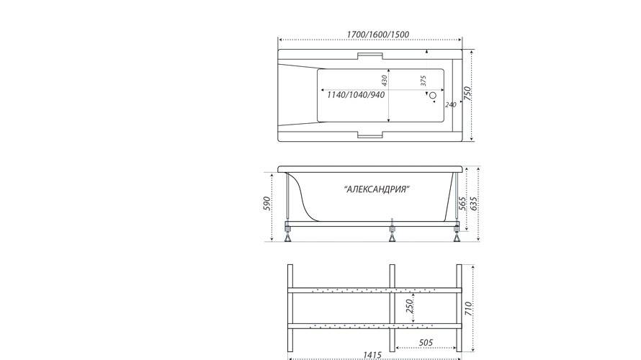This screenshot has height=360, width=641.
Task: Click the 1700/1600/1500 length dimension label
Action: pyautogui.click(x=377, y=35)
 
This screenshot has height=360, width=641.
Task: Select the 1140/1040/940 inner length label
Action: pyautogui.click(x=356, y=95)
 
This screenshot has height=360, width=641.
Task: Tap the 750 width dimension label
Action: pyautogui.click(x=468, y=94)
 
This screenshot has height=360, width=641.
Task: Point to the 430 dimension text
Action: pyautogui.click(x=384, y=81)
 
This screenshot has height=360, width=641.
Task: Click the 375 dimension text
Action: pyautogui.click(x=423, y=81)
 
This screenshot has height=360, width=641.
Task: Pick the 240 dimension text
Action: pyautogui.click(x=450, y=105)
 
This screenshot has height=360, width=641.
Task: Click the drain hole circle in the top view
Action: pyautogui.click(x=433, y=95)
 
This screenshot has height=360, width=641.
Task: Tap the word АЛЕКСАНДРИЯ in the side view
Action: pyautogui.click(x=377, y=189)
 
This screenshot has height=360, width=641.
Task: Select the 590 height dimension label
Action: pyautogui.click(x=267, y=204)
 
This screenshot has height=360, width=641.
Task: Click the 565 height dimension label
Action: pyautogui.click(x=462, y=204)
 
